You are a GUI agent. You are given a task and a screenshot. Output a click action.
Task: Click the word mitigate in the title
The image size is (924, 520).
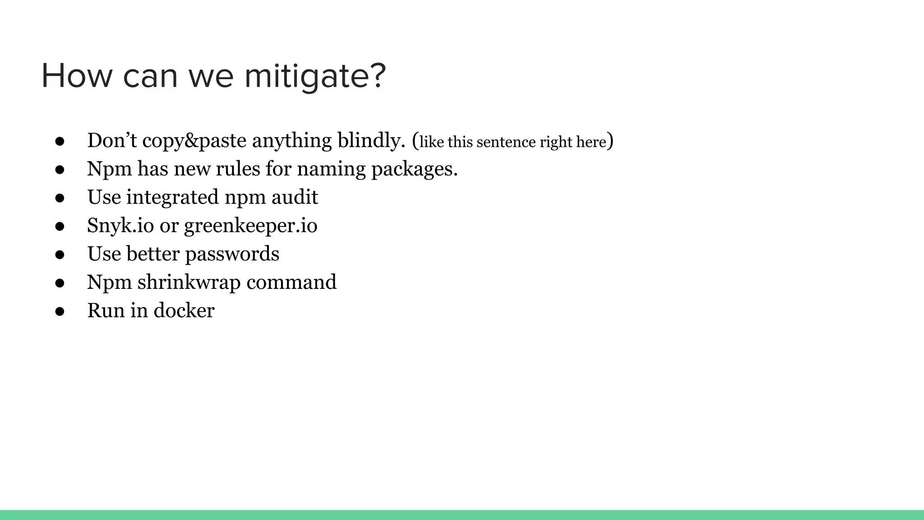tap(315, 76)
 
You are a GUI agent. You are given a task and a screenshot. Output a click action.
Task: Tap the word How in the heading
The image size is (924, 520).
tap(77, 76)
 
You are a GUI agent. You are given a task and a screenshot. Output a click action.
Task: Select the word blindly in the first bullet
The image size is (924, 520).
tap(372, 140)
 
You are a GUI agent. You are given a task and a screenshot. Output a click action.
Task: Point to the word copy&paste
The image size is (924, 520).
tap(194, 140)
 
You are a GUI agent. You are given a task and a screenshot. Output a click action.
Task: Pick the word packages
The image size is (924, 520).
tap(414, 169)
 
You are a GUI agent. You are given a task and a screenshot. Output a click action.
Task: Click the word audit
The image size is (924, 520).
tap(295, 197)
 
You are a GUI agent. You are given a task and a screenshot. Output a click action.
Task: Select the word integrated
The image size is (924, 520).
tap(172, 197)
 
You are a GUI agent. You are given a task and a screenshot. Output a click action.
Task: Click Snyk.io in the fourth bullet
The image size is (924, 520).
tap(120, 226)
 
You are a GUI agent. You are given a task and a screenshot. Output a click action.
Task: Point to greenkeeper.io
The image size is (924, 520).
tap(250, 226)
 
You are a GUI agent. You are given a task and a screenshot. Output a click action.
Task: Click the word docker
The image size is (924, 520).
tap(184, 311)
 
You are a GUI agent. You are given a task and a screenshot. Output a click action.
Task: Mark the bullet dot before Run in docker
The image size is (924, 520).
tap(60, 311)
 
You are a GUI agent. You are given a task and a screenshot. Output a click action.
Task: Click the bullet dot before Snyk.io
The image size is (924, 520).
tap(60, 227)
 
